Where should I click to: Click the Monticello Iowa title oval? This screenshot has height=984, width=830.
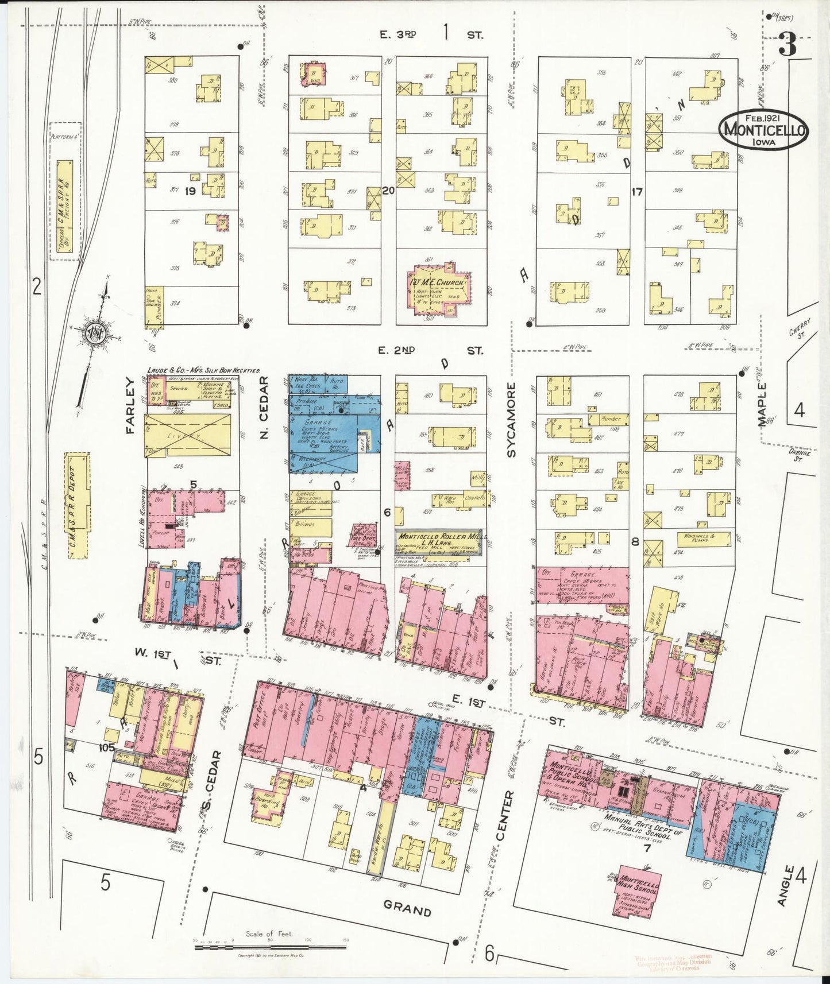[763, 130]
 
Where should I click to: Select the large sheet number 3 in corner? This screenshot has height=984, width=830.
[787, 45]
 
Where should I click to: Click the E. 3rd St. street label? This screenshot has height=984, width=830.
[431, 34]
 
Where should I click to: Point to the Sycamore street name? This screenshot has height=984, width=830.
[512, 420]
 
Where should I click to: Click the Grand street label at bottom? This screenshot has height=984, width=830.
[407, 910]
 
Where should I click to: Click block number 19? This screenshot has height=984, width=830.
[191, 192]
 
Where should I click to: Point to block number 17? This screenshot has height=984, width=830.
[636, 192]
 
